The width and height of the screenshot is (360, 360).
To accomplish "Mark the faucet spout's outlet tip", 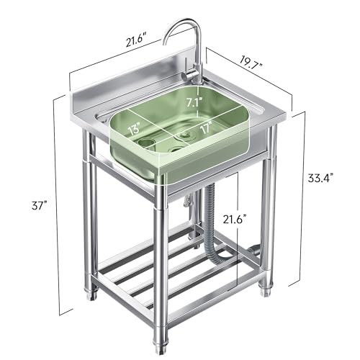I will [165, 46].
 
